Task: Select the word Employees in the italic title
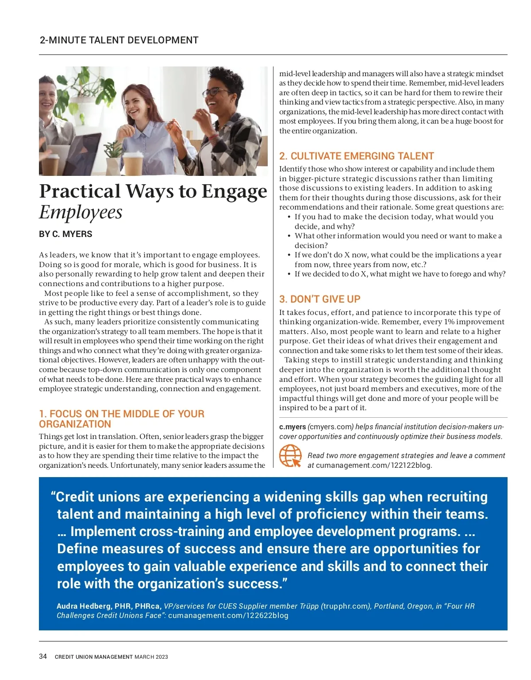pos(81,212)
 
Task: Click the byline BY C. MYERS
pos(65,234)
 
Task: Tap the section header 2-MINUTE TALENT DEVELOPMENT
pos(119,40)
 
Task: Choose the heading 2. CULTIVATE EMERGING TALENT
pos(356,156)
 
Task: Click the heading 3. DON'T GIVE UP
pos(319,299)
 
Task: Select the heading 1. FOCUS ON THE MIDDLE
pos(121,419)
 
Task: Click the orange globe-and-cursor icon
pos(290,456)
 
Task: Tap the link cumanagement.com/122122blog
pos(373,465)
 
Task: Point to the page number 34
pos(43,656)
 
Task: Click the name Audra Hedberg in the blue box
pos(84,606)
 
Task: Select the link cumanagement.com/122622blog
pos(228,615)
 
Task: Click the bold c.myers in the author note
pos(292,427)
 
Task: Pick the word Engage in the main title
pos(234,191)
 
